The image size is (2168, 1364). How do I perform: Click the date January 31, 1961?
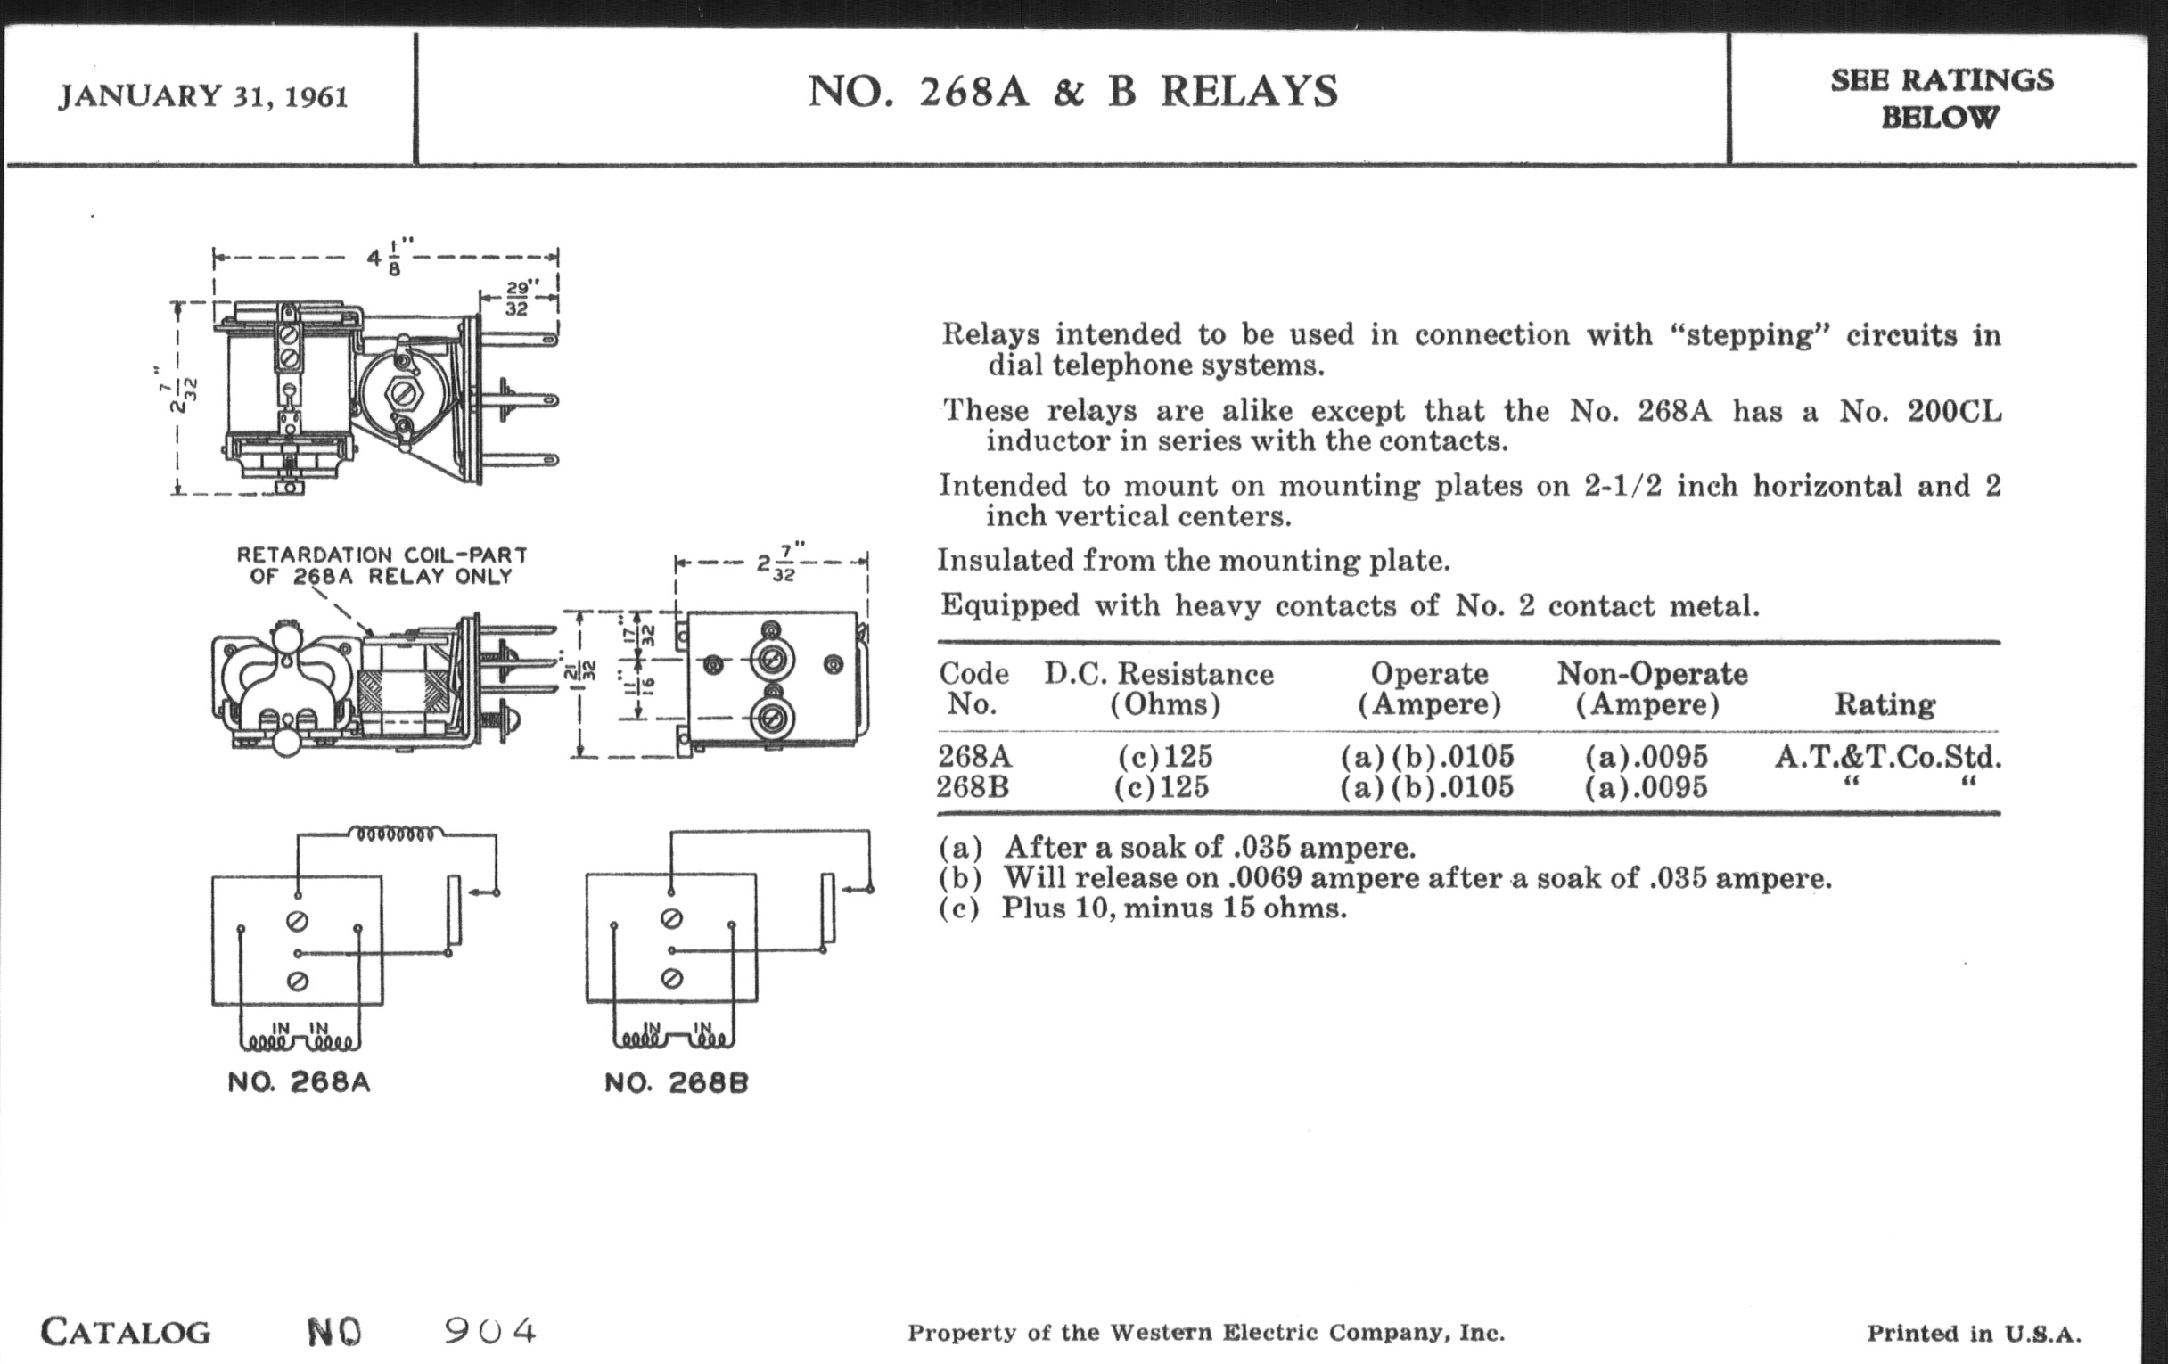202,95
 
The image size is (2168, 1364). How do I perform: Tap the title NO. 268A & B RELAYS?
1072,92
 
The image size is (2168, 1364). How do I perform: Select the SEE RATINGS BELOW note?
1941,98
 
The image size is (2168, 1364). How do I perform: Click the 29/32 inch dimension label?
518,298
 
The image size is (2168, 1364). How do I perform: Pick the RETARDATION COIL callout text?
381,565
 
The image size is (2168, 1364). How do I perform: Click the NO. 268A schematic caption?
299,1081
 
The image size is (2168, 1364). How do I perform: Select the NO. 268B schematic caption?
676,1082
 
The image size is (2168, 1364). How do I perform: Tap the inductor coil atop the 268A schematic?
395,834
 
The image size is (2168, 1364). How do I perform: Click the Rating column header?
1885,704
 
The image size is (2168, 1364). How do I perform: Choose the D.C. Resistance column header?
1159,689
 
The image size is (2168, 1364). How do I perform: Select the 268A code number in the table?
974,755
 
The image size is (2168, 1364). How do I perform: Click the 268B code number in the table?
973,787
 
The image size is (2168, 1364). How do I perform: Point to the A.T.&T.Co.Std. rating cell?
1888,756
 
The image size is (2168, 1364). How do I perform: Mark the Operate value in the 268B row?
1426,787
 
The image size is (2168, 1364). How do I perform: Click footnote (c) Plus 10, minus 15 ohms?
1142,908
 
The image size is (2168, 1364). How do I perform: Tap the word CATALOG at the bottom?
125,1332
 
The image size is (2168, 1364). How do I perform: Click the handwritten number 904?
489,1330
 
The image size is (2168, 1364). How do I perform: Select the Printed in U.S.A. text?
1974,1334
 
